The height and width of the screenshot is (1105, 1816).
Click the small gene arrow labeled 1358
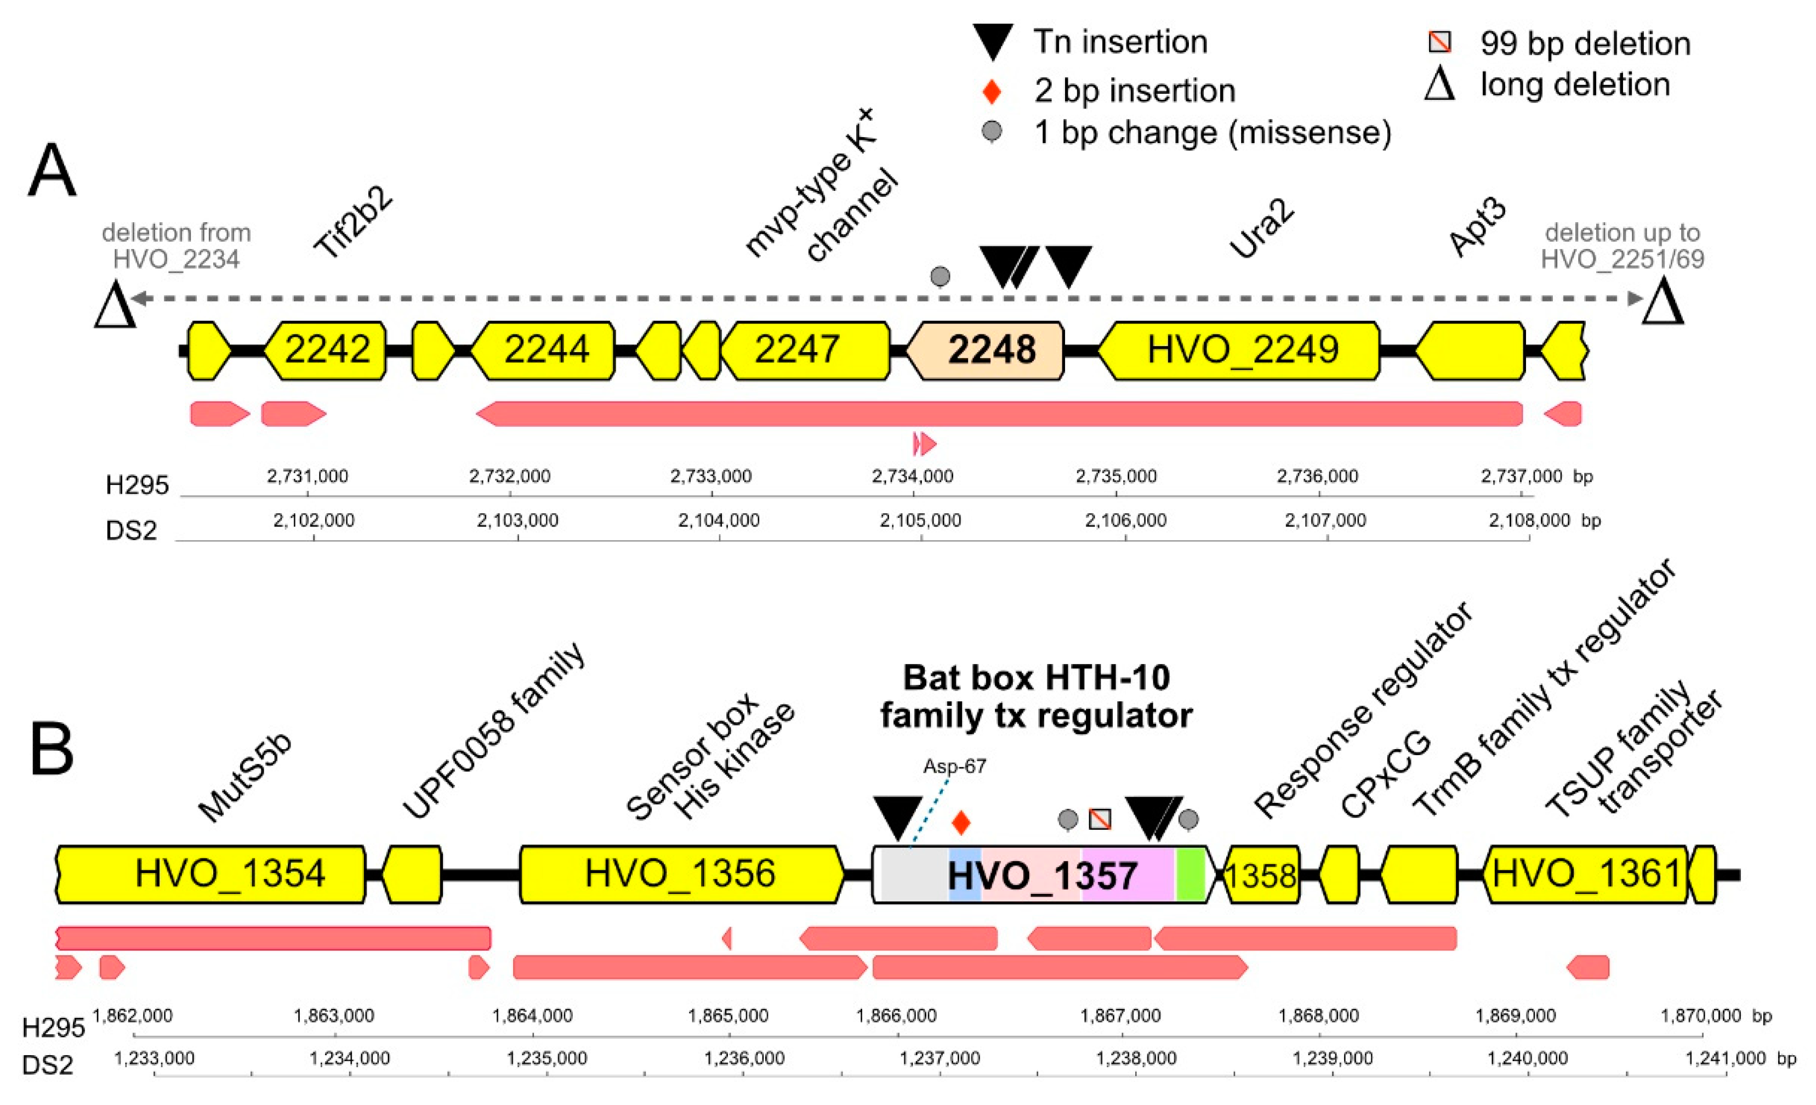pos(1261,876)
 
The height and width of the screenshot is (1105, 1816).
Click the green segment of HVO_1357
pos(1189,875)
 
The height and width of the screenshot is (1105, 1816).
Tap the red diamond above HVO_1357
pos(960,823)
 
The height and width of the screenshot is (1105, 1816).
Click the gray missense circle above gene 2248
pos(940,276)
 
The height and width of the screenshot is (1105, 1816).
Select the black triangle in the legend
pos(993,41)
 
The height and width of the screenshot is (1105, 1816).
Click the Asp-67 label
pos(954,767)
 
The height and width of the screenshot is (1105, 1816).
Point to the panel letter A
pos(52,171)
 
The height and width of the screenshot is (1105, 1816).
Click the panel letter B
pos(52,749)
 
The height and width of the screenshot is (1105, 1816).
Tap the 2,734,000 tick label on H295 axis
pos(913,476)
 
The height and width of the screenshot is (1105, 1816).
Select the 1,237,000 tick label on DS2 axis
pos(940,1058)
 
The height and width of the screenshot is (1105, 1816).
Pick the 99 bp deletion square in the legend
pos(1439,42)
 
